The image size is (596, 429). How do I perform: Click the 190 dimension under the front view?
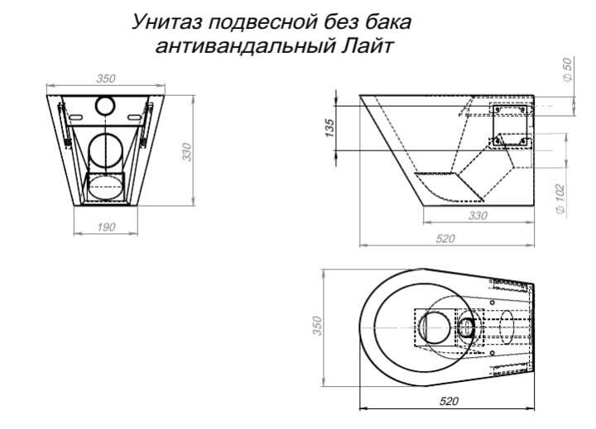point(106,226)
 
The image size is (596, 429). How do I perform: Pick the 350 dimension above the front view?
point(105,79)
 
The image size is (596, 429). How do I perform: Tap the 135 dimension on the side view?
point(329,127)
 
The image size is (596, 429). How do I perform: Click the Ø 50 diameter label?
point(568,69)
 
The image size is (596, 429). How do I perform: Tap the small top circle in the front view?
point(106,105)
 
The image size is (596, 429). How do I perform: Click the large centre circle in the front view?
point(107,150)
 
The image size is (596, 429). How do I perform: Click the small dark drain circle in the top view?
point(468,327)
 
